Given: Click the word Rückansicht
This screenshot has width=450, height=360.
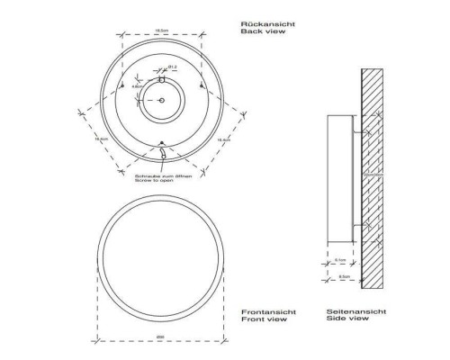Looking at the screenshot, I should point(262,22).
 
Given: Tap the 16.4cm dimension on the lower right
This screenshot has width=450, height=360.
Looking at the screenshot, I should point(221,139).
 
